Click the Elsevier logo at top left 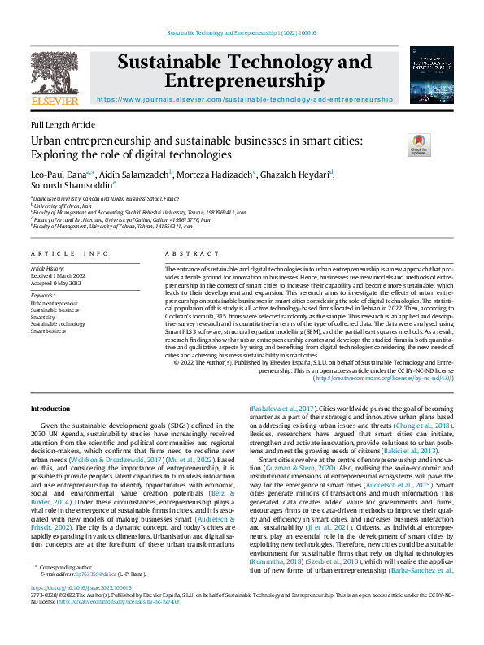pyautogui.click(x=55, y=77)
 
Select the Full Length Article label pyautogui.click(x=63, y=124)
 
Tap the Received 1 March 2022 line pyautogui.click(x=59, y=275)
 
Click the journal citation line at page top pyautogui.click(x=242, y=32)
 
